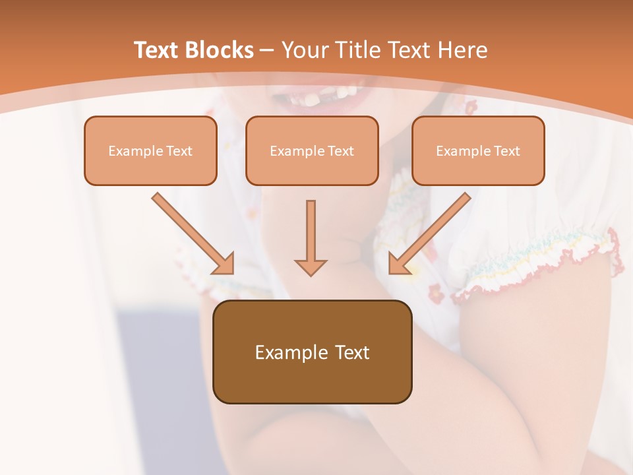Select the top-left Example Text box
(x=150, y=151)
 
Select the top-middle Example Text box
(x=312, y=151)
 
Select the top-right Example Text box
(x=478, y=151)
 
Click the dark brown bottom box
(x=312, y=352)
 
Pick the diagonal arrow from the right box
(x=432, y=231)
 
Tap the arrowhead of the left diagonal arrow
(x=224, y=264)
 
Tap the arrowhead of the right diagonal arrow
(x=398, y=264)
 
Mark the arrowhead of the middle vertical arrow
(x=311, y=267)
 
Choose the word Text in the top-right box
(x=507, y=151)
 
